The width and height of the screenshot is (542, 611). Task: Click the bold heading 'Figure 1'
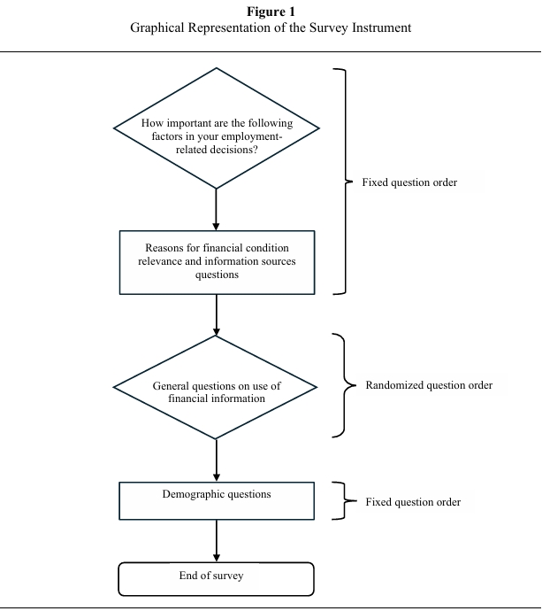271,12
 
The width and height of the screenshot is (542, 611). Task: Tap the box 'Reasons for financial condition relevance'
217,261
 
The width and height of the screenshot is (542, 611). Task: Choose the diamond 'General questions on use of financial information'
217,387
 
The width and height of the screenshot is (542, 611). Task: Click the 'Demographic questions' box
217,500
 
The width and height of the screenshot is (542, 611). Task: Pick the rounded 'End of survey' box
217,578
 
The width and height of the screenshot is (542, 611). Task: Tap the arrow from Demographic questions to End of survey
217,540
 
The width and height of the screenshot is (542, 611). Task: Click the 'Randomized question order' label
429,385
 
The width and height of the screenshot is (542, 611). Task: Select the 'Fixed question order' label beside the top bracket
409,182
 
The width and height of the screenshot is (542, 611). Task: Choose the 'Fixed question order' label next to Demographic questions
413,502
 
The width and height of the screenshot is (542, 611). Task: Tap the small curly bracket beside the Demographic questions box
341,501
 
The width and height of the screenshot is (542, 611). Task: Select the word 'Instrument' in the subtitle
379,27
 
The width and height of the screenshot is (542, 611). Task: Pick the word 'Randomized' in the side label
394,385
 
